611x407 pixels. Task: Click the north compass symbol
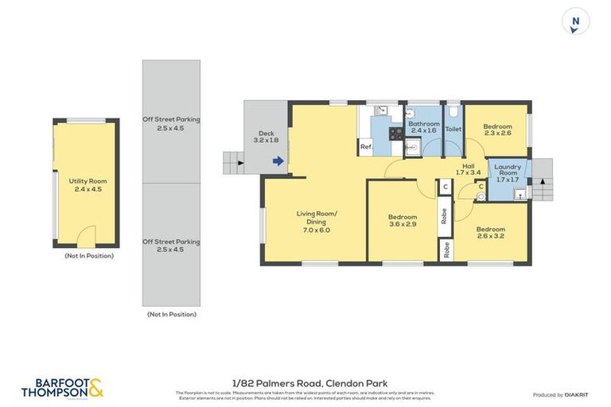tap(574, 21)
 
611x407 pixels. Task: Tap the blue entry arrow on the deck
tap(277, 161)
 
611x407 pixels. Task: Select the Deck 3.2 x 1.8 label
tap(266, 136)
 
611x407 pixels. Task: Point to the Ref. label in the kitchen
tap(366, 147)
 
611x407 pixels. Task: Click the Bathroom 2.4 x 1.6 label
tap(423, 128)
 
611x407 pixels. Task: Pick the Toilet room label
tap(453, 129)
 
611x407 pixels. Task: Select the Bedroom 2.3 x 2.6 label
tap(497, 129)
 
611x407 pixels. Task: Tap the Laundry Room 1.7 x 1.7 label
tap(508, 173)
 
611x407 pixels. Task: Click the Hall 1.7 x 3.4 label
tap(469, 169)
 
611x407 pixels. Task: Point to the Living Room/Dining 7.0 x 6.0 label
tap(317, 221)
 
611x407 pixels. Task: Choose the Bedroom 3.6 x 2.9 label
tap(403, 221)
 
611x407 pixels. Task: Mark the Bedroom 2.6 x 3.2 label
tap(490, 233)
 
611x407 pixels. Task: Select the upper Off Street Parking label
tap(171, 123)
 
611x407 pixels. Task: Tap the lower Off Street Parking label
tap(171, 245)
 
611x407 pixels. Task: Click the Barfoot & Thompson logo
tap(62, 388)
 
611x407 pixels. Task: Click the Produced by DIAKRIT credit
tap(559, 395)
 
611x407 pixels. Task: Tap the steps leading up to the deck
tap(233, 163)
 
